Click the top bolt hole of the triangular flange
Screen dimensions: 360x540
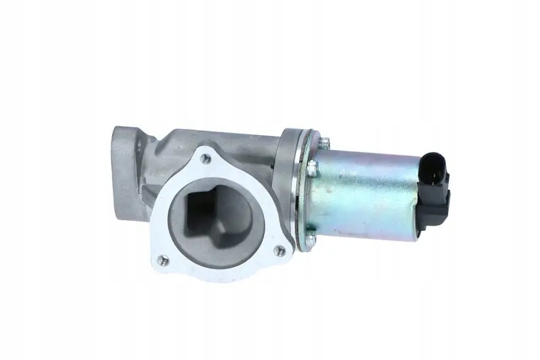tap(206, 158)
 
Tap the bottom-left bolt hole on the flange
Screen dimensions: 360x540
tap(162, 258)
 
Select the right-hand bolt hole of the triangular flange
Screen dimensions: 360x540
tap(279, 250)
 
